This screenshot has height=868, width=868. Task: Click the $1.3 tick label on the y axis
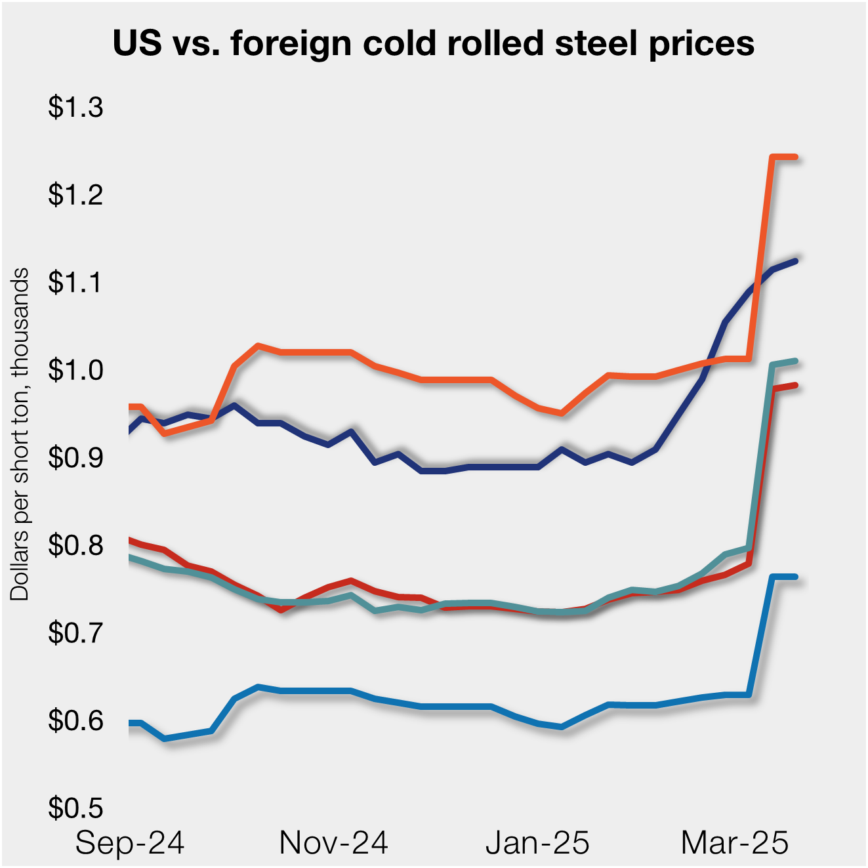click(75, 107)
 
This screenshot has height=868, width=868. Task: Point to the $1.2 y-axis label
click(75, 195)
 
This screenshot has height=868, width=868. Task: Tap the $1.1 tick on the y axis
click(75, 282)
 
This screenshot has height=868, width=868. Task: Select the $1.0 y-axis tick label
click(75, 370)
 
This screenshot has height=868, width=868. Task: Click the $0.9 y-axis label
click(75, 457)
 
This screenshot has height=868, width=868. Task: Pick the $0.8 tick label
click(75, 545)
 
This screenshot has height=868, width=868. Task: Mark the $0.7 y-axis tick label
click(75, 632)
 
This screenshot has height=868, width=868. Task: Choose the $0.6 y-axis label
click(75, 720)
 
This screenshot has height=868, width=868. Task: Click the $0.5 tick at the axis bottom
click(75, 808)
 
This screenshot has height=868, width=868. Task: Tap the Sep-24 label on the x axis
click(130, 842)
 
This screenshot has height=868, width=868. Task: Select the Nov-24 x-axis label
click(333, 842)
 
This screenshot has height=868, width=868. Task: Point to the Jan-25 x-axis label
click(537, 842)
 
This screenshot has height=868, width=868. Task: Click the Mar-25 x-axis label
click(735, 842)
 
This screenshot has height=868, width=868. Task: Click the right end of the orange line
click(796, 157)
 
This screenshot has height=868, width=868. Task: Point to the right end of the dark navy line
click(796, 260)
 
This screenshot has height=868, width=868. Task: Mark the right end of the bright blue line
click(796, 577)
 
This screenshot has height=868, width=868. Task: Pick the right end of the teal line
click(796, 361)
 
